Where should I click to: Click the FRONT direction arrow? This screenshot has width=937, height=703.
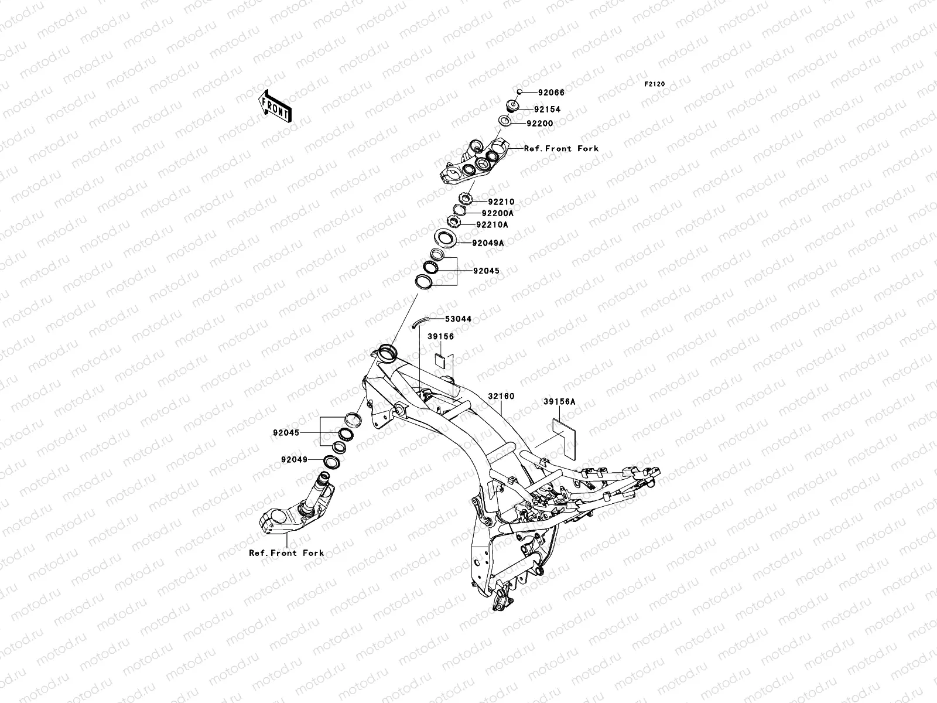click(x=275, y=106)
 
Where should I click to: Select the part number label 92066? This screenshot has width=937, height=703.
click(x=551, y=93)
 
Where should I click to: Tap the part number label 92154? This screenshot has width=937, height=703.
click(x=547, y=110)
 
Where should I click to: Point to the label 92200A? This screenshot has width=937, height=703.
click(x=498, y=213)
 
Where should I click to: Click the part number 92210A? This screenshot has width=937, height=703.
click(x=492, y=224)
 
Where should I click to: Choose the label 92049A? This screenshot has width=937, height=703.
click(x=488, y=243)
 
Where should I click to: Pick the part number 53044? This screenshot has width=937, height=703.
click(x=458, y=319)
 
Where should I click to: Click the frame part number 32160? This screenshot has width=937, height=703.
click(x=501, y=396)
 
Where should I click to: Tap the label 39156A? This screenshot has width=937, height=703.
click(x=559, y=402)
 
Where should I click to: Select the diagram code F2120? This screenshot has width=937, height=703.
click(x=654, y=84)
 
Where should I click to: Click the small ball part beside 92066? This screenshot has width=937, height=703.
click(x=519, y=91)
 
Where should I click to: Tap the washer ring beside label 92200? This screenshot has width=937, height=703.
click(x=505, y=122)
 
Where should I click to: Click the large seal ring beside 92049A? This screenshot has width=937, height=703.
click(x=446, y=238)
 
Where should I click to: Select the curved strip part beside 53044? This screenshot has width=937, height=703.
click(x=420, y=323)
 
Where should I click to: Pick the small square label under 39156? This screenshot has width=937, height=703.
click(x=440, y=359)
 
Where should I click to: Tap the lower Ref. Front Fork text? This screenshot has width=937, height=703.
click(x=286, y=553)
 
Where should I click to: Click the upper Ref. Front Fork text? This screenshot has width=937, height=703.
click(x=562, y=149)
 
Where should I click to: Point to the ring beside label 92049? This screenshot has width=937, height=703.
click(x=331, y=462)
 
